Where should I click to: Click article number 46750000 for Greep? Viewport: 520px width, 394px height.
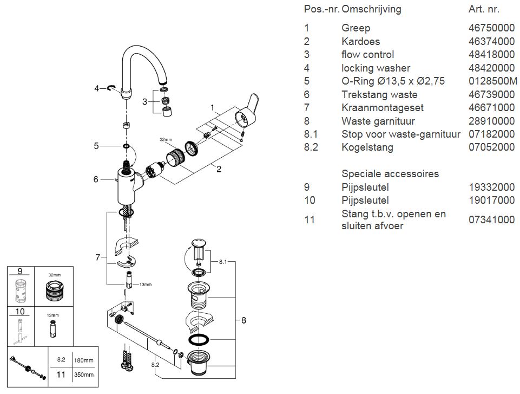point(491,28)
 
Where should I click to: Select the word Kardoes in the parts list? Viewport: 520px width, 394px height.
point(360,41)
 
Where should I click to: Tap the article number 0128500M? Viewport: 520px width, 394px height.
point(493,81)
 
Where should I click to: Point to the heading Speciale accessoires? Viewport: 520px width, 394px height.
point(390,173)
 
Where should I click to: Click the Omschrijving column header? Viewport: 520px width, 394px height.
point(371,9)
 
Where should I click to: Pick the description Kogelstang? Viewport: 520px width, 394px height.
point(367,147)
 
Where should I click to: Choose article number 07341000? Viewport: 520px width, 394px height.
point(491,219)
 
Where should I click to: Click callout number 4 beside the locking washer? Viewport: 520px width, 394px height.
point(96,88)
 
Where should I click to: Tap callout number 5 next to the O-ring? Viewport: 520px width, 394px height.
point(96,146)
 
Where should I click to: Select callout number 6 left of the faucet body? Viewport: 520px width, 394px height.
point(96,179)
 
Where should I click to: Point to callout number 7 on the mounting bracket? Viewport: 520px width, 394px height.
point(97,257)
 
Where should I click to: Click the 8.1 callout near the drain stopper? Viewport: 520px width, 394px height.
point(223,262)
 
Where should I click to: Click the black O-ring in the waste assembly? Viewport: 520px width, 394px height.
point(199,340)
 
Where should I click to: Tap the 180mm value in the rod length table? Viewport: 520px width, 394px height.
point(83,360)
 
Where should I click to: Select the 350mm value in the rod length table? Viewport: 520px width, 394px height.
point(83,374)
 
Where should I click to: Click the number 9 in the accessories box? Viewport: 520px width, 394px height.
point(20,271)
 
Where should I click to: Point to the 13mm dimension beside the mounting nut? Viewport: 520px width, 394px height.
point(145,285)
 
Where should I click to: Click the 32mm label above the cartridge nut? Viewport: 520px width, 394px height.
point(166,139)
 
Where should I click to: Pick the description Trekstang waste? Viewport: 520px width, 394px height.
point(379,94)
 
